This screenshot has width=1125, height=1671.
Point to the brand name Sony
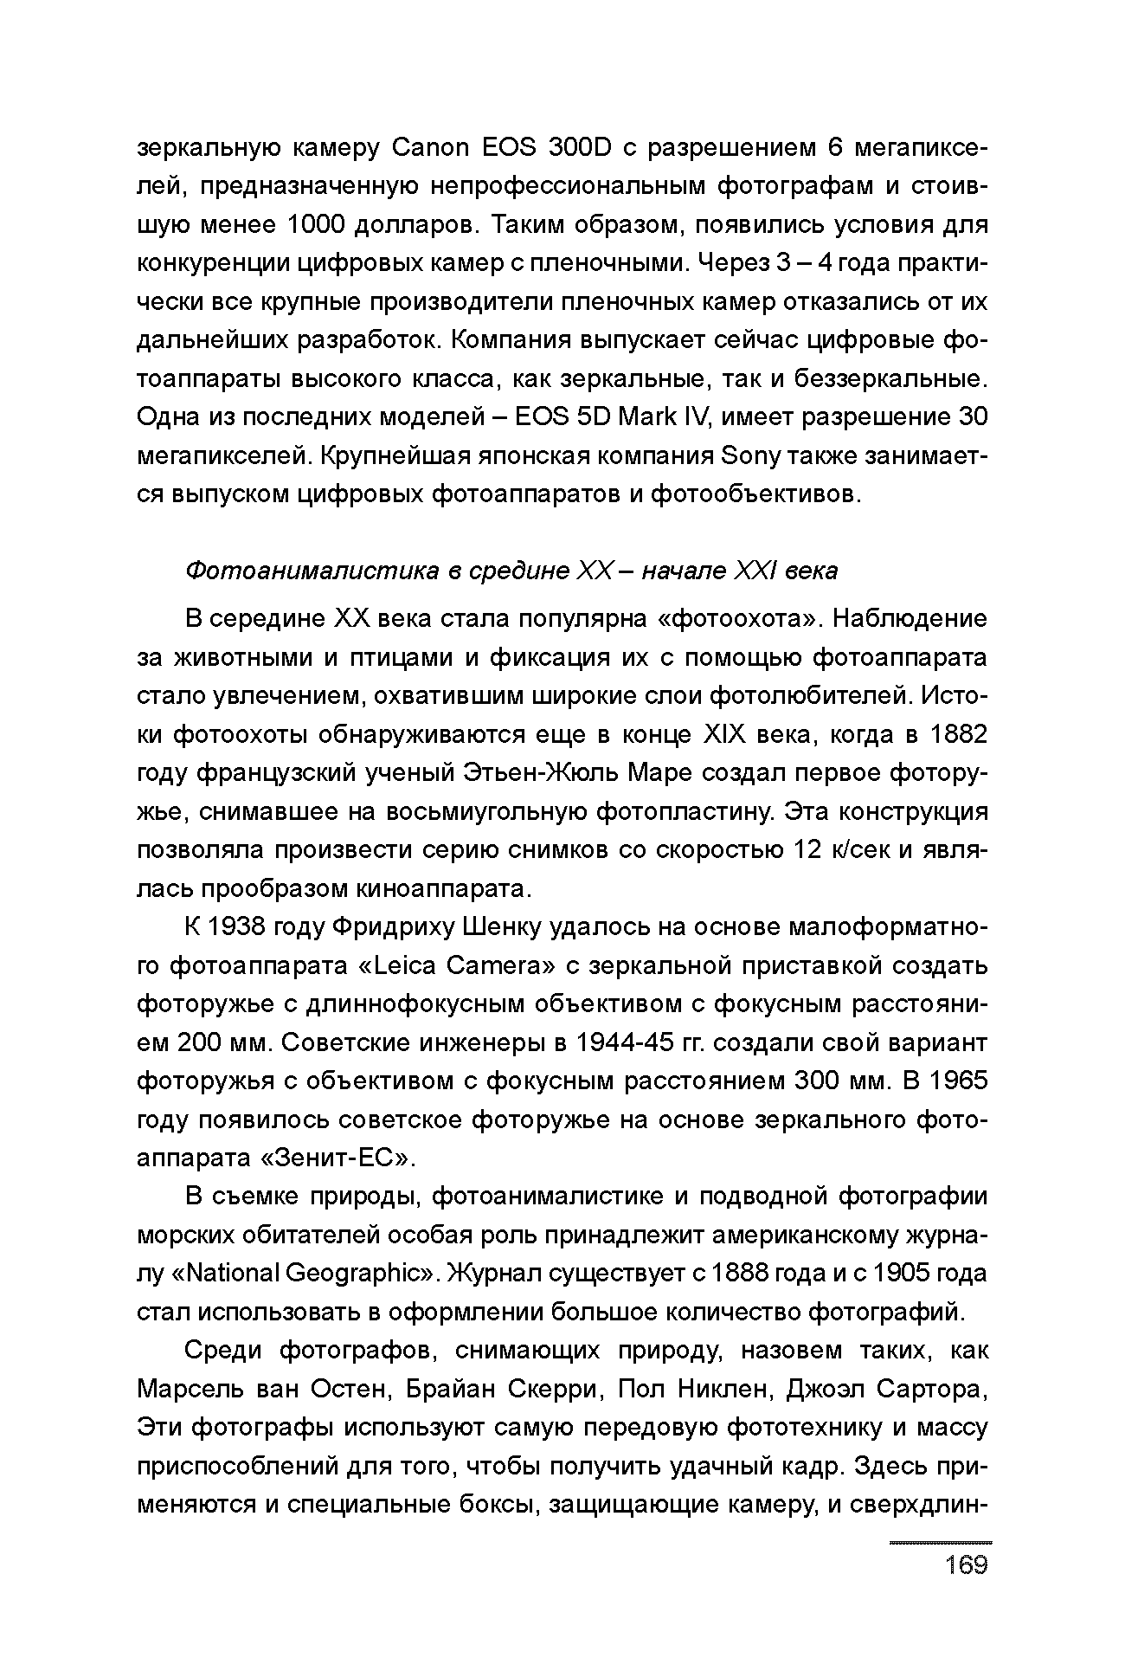click(750, 455)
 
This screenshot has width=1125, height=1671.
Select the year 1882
click(958, 734)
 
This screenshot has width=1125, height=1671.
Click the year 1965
click(958, 1081)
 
